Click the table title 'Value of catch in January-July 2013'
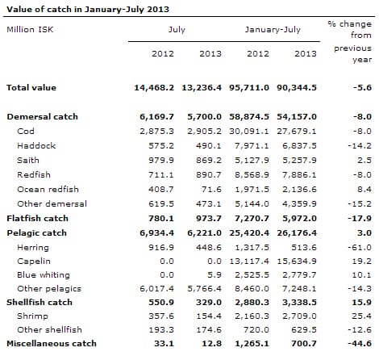click(x=88, y=9)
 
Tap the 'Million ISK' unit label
click(x=30, y=29)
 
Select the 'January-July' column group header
click(x=273, y=30)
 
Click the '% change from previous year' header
click(x=350, y=41)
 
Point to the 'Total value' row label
click(x=31, y=87)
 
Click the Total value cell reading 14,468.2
click(x=154, y=88)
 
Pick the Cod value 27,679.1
click(x=297, y=132)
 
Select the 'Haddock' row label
click(x=36, y=145)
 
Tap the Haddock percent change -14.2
click(x=360, y=146)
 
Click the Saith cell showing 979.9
click(x=161, y=161)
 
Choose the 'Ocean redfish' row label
click(x=48, y=189)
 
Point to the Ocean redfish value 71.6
click(x=211, y=190)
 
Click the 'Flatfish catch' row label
click(x=37, y=218)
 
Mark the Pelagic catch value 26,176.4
click(x=297, y=233)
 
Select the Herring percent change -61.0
click(x=360, y=248)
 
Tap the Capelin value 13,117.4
click(x=249, y=262)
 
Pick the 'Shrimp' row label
click(x=32, y=316)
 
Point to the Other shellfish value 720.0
click(x=256, y=329)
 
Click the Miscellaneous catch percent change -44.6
click(x=360, y=344)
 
